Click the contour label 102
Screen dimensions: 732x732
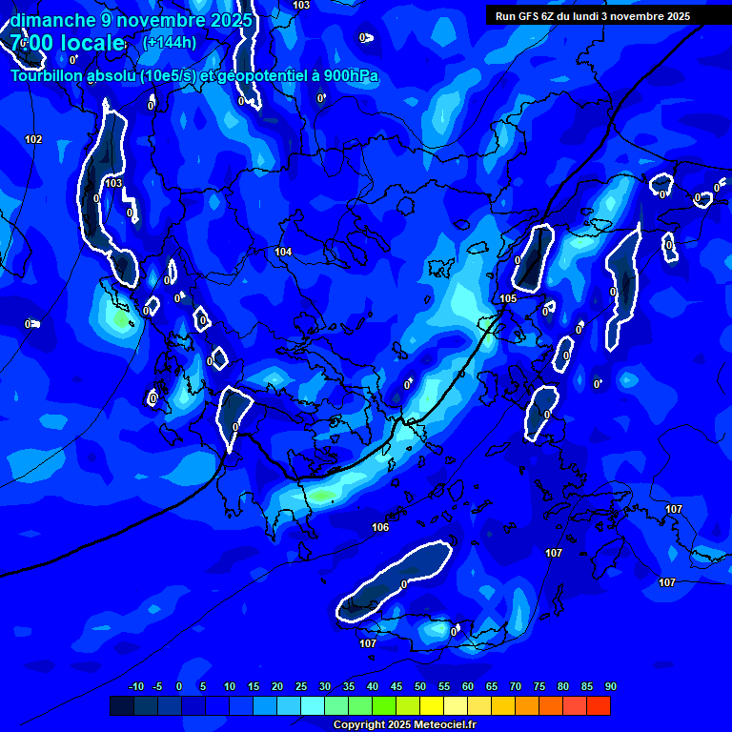point(33,139)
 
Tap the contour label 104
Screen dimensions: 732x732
point(283,252)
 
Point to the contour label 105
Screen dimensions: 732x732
point(508,298)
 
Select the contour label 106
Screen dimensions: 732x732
point(380,527)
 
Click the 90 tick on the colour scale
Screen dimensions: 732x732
point(610,686)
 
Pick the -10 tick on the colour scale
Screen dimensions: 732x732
point(135,686)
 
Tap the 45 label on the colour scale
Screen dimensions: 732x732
point(396,686)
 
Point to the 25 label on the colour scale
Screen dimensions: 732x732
point(301,686)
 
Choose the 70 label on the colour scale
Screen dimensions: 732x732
point(516,686)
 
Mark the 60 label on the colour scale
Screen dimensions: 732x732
point(468,686)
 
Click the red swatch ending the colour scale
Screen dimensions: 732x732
point(598,705)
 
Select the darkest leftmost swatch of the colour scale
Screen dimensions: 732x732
point(121,705)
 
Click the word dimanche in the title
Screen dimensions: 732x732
point(51,19)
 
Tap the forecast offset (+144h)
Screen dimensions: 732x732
point(170,42)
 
